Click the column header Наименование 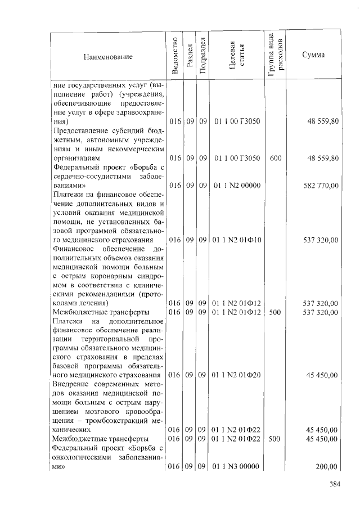[108, 57]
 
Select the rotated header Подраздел [202, 56]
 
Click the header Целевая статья [237, 56]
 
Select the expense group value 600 [276, 159]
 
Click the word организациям [76, 159]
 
